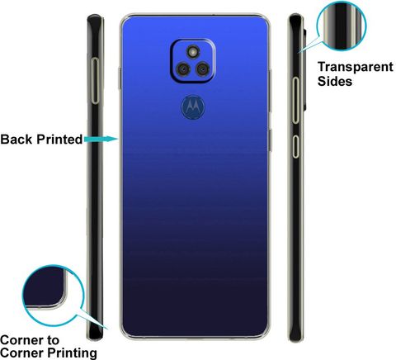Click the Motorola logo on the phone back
(193, 107)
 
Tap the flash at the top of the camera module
(193, 51)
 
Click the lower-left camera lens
(183, 69)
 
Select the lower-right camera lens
(203, 69)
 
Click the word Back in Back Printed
(16, 140)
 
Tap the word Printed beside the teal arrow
(59, 140)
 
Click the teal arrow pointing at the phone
(101, 139)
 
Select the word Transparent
(356, 67)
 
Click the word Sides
(335, 81)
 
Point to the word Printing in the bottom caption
(72, 353)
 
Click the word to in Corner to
(53, 340)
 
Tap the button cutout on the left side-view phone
(95, 81)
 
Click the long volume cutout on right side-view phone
(295, 100)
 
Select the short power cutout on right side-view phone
(295, 146)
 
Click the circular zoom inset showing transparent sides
(342, 26)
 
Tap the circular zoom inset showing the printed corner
(53, 296)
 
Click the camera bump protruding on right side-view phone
(304, 69)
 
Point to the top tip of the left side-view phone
(95, 15)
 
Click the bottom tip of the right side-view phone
(295, 341)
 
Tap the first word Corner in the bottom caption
(21, 340)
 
